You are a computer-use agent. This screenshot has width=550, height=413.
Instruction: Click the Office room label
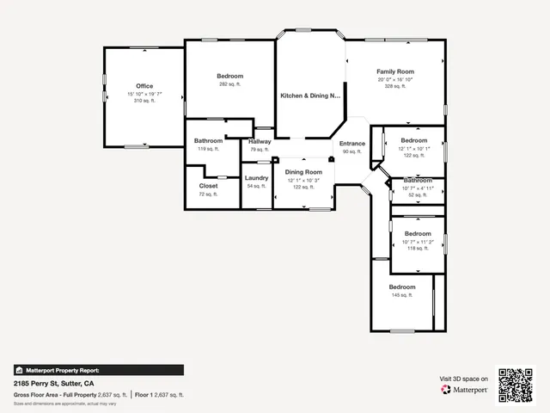coord(144,86)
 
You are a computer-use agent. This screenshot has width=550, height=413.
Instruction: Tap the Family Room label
coord(395,71)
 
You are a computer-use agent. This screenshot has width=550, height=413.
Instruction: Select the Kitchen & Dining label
coord(310,96)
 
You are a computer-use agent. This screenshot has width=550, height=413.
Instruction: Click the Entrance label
coord(352,144)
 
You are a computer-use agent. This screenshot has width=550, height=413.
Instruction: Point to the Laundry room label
coord(257,178)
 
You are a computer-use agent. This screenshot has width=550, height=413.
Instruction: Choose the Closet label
coord(209,186)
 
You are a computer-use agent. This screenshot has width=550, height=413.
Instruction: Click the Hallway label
coord(260,141)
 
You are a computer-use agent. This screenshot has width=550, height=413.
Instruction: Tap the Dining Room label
coord(304,172)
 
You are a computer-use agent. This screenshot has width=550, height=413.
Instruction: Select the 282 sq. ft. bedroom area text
coord(230,84)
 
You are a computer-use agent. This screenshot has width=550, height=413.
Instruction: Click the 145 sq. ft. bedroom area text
coord(402,295)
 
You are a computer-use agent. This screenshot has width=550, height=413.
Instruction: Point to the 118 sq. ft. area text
coord(418,249)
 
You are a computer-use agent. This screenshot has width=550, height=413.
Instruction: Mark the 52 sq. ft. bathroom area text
coord(418,195)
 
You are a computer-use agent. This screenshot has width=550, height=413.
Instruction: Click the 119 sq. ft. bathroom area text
coord(209,149)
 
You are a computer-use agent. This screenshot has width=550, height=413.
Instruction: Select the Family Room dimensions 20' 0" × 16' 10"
coord(395,79)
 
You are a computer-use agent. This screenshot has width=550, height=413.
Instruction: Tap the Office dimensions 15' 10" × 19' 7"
coord(144,94)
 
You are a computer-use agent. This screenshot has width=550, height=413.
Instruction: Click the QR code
coord(517,385)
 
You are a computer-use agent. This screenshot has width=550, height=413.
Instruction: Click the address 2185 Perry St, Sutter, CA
coord(54,383)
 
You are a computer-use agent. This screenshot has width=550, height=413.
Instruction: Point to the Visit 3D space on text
coord(464,379)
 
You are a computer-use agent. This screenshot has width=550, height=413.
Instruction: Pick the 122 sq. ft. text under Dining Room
coord(304,187)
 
